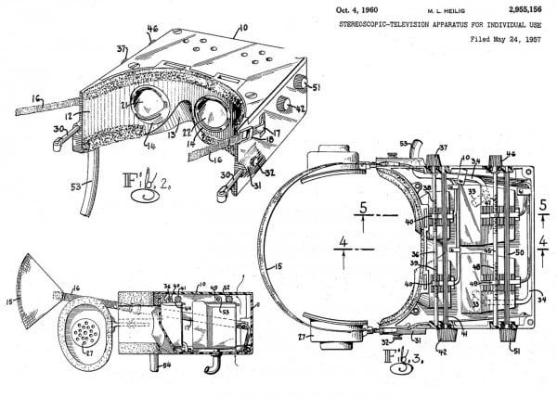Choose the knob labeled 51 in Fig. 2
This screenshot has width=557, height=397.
click(x=300, y=85)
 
